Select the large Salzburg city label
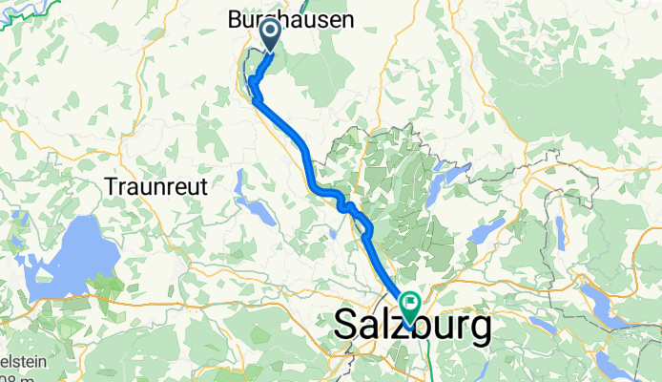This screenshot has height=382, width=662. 413,327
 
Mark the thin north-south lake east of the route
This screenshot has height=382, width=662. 560,234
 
